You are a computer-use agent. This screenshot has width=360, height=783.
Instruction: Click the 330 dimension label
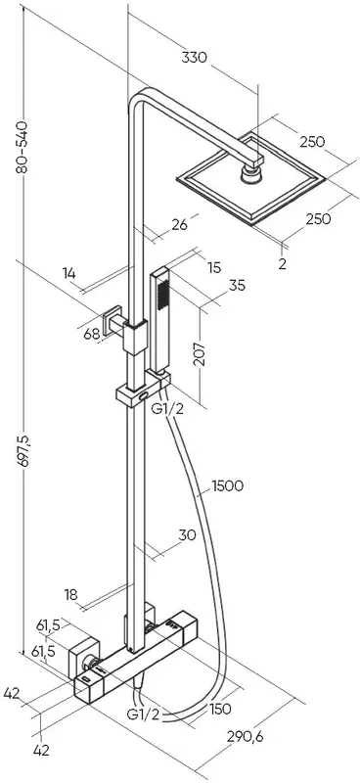(194, 58)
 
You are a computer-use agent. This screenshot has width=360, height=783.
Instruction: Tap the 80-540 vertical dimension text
(22, 147)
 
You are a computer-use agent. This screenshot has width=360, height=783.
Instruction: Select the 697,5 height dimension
(23, 450)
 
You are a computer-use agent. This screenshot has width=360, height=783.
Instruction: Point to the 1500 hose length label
(228, 485)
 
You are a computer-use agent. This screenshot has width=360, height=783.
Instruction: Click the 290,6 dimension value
(245, 736)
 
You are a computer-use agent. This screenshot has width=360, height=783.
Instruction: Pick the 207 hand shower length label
(200, 354)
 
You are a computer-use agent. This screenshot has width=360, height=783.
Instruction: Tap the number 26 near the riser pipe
(178, 225)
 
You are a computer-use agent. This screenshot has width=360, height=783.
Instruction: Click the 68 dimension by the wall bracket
(92, 334)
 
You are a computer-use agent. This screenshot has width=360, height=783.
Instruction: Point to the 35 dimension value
(237, 286)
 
